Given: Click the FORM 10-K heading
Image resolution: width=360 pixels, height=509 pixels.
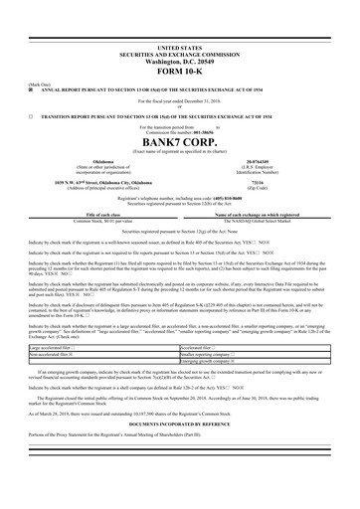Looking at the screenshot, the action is coord(179,70).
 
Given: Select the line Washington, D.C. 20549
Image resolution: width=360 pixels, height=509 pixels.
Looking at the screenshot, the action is coord(179,60).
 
